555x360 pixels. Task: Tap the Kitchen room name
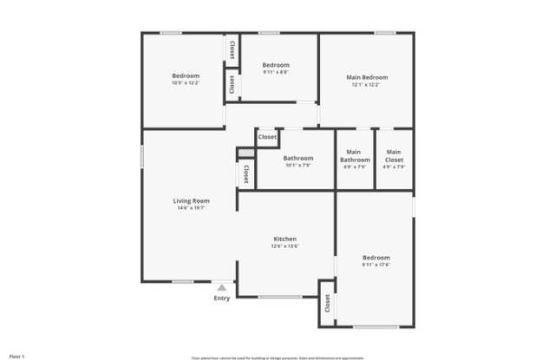click(285, 239)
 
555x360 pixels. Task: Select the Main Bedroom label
click(369, 77)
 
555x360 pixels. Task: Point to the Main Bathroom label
click(355, 155)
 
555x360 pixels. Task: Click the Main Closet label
click(394, 155)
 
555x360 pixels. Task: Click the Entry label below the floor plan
click(222, 298)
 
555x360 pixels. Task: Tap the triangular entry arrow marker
click(222, 287)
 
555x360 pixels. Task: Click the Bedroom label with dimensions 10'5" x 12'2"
click(186, 75)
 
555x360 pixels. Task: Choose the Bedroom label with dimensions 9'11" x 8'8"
click(276, 65)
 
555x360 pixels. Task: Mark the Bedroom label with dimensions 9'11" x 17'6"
click(376, 258)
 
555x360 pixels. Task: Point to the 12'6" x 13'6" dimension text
click(285, 246)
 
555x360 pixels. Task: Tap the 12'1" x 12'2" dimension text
click(369, 85)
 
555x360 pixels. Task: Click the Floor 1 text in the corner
click(16, 355)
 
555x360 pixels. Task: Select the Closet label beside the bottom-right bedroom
click(327, 303)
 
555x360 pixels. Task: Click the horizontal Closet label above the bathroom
click(267, 137)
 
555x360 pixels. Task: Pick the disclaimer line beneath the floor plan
click(277, 356)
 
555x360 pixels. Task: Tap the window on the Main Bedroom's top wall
click(385, 33)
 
